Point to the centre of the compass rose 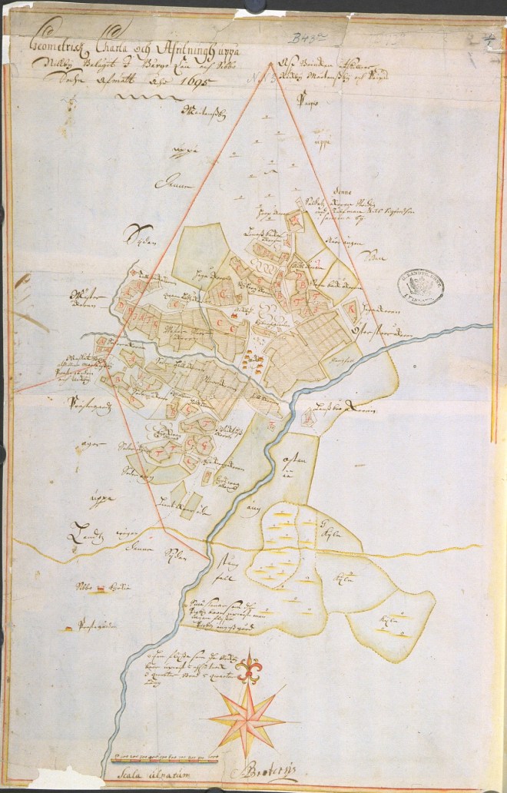coord(247,718)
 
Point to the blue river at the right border coord(480,327)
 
